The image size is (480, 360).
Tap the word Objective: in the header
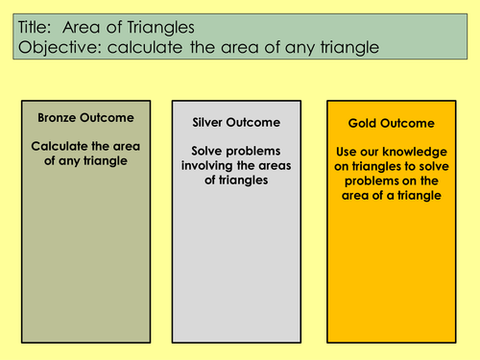tap(60, 50)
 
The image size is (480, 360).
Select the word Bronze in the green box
tap(59, 117)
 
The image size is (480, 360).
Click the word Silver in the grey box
tap(200, 123)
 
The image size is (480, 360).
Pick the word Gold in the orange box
tap(357, 124)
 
